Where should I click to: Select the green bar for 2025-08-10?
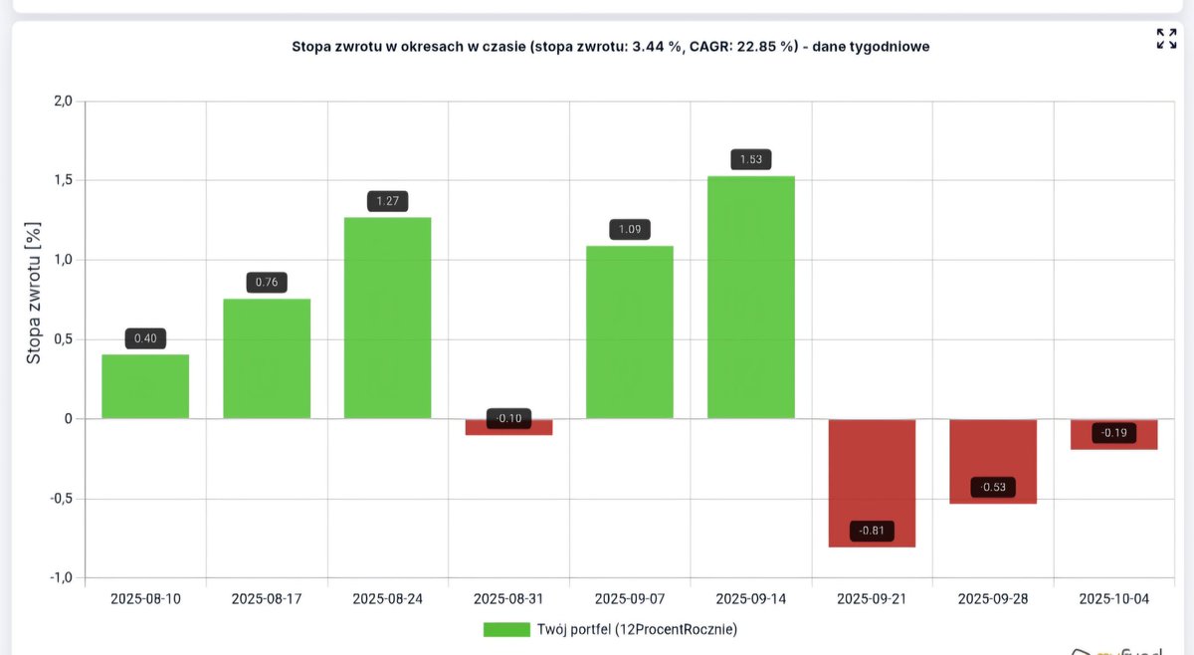tap(145, 386)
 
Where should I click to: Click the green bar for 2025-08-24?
tap(388, 318)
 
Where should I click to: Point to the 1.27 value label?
tap(388, 201)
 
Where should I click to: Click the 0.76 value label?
tap(267, 282)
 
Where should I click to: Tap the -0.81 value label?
tap(872, 531)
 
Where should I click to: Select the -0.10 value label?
tap(509, 418)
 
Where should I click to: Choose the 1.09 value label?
tap(630, 230)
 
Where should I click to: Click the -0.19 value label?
tap(1114, 433)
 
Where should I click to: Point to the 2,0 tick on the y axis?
tap(62, 101)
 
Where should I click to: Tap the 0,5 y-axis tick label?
tap(62, 339)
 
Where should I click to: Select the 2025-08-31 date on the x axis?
tap(509, 599)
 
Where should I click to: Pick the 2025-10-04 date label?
tap(1114, 599)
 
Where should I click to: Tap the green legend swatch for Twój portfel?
tap(506, 629)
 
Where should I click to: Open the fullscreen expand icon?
tap(1166, 39)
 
